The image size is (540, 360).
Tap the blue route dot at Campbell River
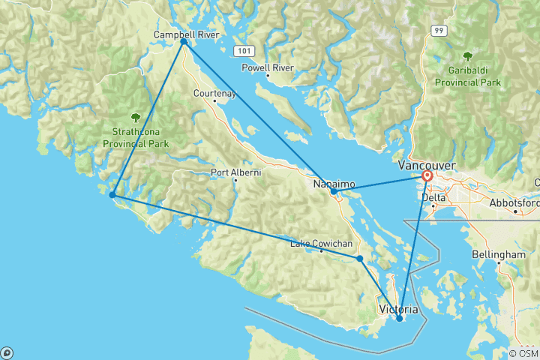(x=183, y=42)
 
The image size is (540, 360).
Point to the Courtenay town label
(x=214, y=93)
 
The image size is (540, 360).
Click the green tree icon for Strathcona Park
(x=136, y=117)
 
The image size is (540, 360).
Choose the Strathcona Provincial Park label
(x=136, y=136)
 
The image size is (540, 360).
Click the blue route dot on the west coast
(x=112, y=195)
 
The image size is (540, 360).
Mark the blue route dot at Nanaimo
(x=334, y=191)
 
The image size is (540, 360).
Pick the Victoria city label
(x=399, y=308)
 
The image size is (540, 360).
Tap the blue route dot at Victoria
(x=400, y=319)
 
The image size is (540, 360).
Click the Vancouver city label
(x=425, y=164)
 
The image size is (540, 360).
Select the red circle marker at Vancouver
(x=427, y=175)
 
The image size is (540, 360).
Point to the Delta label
(x=433, y=197)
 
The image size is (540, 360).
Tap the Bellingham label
(x=499, y=255)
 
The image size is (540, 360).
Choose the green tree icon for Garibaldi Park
(x=468, y=56)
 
